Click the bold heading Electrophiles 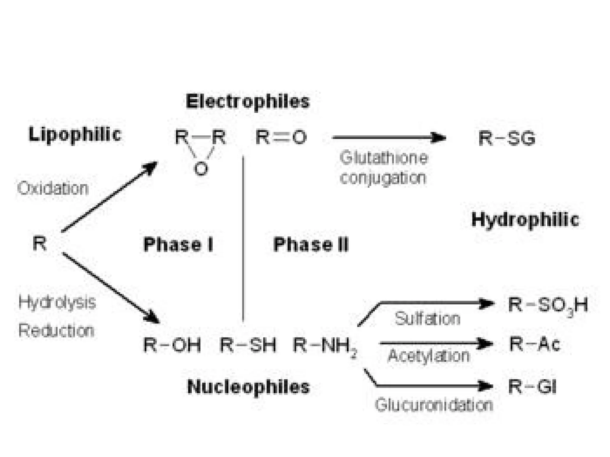click(248, 101)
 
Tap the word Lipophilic click(74, 134)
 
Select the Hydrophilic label click(525, 220)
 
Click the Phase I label click(178, 245)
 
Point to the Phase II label click(311, 245)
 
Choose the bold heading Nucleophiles click(248, 387)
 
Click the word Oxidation click(53, 189)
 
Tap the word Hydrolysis click(57, 302)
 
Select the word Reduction click(56, 331)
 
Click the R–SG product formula click(507, 138)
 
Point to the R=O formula click(281, 137)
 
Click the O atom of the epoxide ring click(201, 169)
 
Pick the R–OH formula click(172, 345)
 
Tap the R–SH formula click(248, 345)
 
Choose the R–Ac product click(535, 344)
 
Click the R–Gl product click(532, 387)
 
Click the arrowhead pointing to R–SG click(439, 138)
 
